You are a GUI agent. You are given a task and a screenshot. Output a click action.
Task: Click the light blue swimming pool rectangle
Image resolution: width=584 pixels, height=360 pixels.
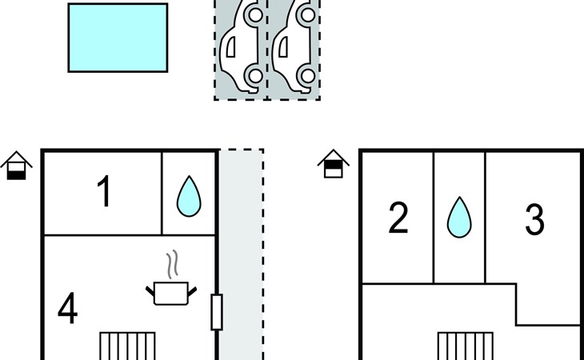[x=118, y=38]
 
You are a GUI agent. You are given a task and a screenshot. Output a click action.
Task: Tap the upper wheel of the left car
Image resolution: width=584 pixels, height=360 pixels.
[x=253, y=14]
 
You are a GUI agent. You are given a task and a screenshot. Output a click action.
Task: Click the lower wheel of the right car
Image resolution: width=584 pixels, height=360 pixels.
[x=305, y=77]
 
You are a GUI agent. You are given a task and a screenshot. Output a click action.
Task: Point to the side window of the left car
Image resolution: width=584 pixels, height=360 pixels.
[x=231, y=49]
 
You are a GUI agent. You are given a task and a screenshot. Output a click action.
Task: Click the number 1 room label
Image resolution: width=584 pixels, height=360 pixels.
[x=103, y=193]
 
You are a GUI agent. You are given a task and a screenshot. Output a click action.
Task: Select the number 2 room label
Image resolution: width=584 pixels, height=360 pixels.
[x=398, y=218]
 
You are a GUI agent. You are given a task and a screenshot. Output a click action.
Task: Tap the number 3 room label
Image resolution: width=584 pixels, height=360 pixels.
[x=534, y=218]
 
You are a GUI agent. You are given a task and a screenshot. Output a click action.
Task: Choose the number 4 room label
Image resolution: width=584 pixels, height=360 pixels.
[x=68, y=310]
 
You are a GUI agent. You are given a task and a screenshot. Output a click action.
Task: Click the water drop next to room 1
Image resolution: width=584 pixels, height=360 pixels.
[x=189, y=195]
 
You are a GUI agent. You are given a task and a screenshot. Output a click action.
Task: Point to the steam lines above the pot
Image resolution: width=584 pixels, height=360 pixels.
[x=171, y=264]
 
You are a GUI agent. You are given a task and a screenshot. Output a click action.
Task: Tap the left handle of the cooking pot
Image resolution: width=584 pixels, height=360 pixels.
[x=151, y=286]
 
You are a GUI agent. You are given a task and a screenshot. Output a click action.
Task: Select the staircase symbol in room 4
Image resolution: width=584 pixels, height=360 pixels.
[x=126, y=346]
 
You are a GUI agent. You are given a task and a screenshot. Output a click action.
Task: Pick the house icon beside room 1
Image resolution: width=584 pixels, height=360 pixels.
[x=16, y=165]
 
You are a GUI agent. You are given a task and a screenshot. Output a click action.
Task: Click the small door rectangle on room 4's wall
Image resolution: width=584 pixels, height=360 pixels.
[x=216, y=312]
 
